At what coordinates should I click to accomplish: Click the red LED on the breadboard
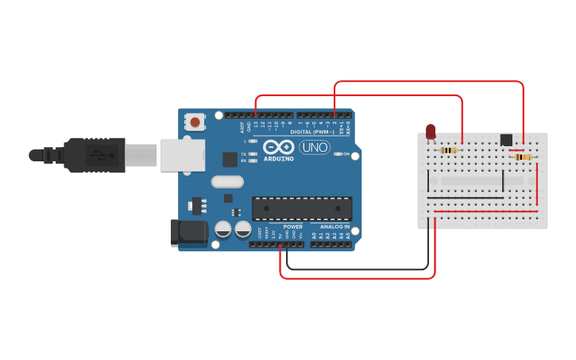[x=431, y=131]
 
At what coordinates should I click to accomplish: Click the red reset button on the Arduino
[x=195, y=122]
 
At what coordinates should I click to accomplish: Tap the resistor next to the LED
[x=448, y=150]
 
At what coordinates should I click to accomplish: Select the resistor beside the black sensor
[x=523, y=157]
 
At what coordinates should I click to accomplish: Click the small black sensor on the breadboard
[x=506, y=140]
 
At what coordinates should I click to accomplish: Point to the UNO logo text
[x=314, y=147]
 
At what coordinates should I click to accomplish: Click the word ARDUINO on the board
[x=278, y=158]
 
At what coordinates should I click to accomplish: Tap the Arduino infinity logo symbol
[x=277, y=147]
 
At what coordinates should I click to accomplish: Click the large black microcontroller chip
[x=302, y=207]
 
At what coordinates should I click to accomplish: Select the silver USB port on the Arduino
[x=183, y=154]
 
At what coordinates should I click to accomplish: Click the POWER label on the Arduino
[x=292, y=226]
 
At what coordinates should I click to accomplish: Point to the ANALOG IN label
[x=334, y=226]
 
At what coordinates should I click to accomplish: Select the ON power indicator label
[x=346, y=153]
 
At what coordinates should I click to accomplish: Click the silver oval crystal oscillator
[x=227, y=181]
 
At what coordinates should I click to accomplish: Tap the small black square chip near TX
[x=230, y=159]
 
